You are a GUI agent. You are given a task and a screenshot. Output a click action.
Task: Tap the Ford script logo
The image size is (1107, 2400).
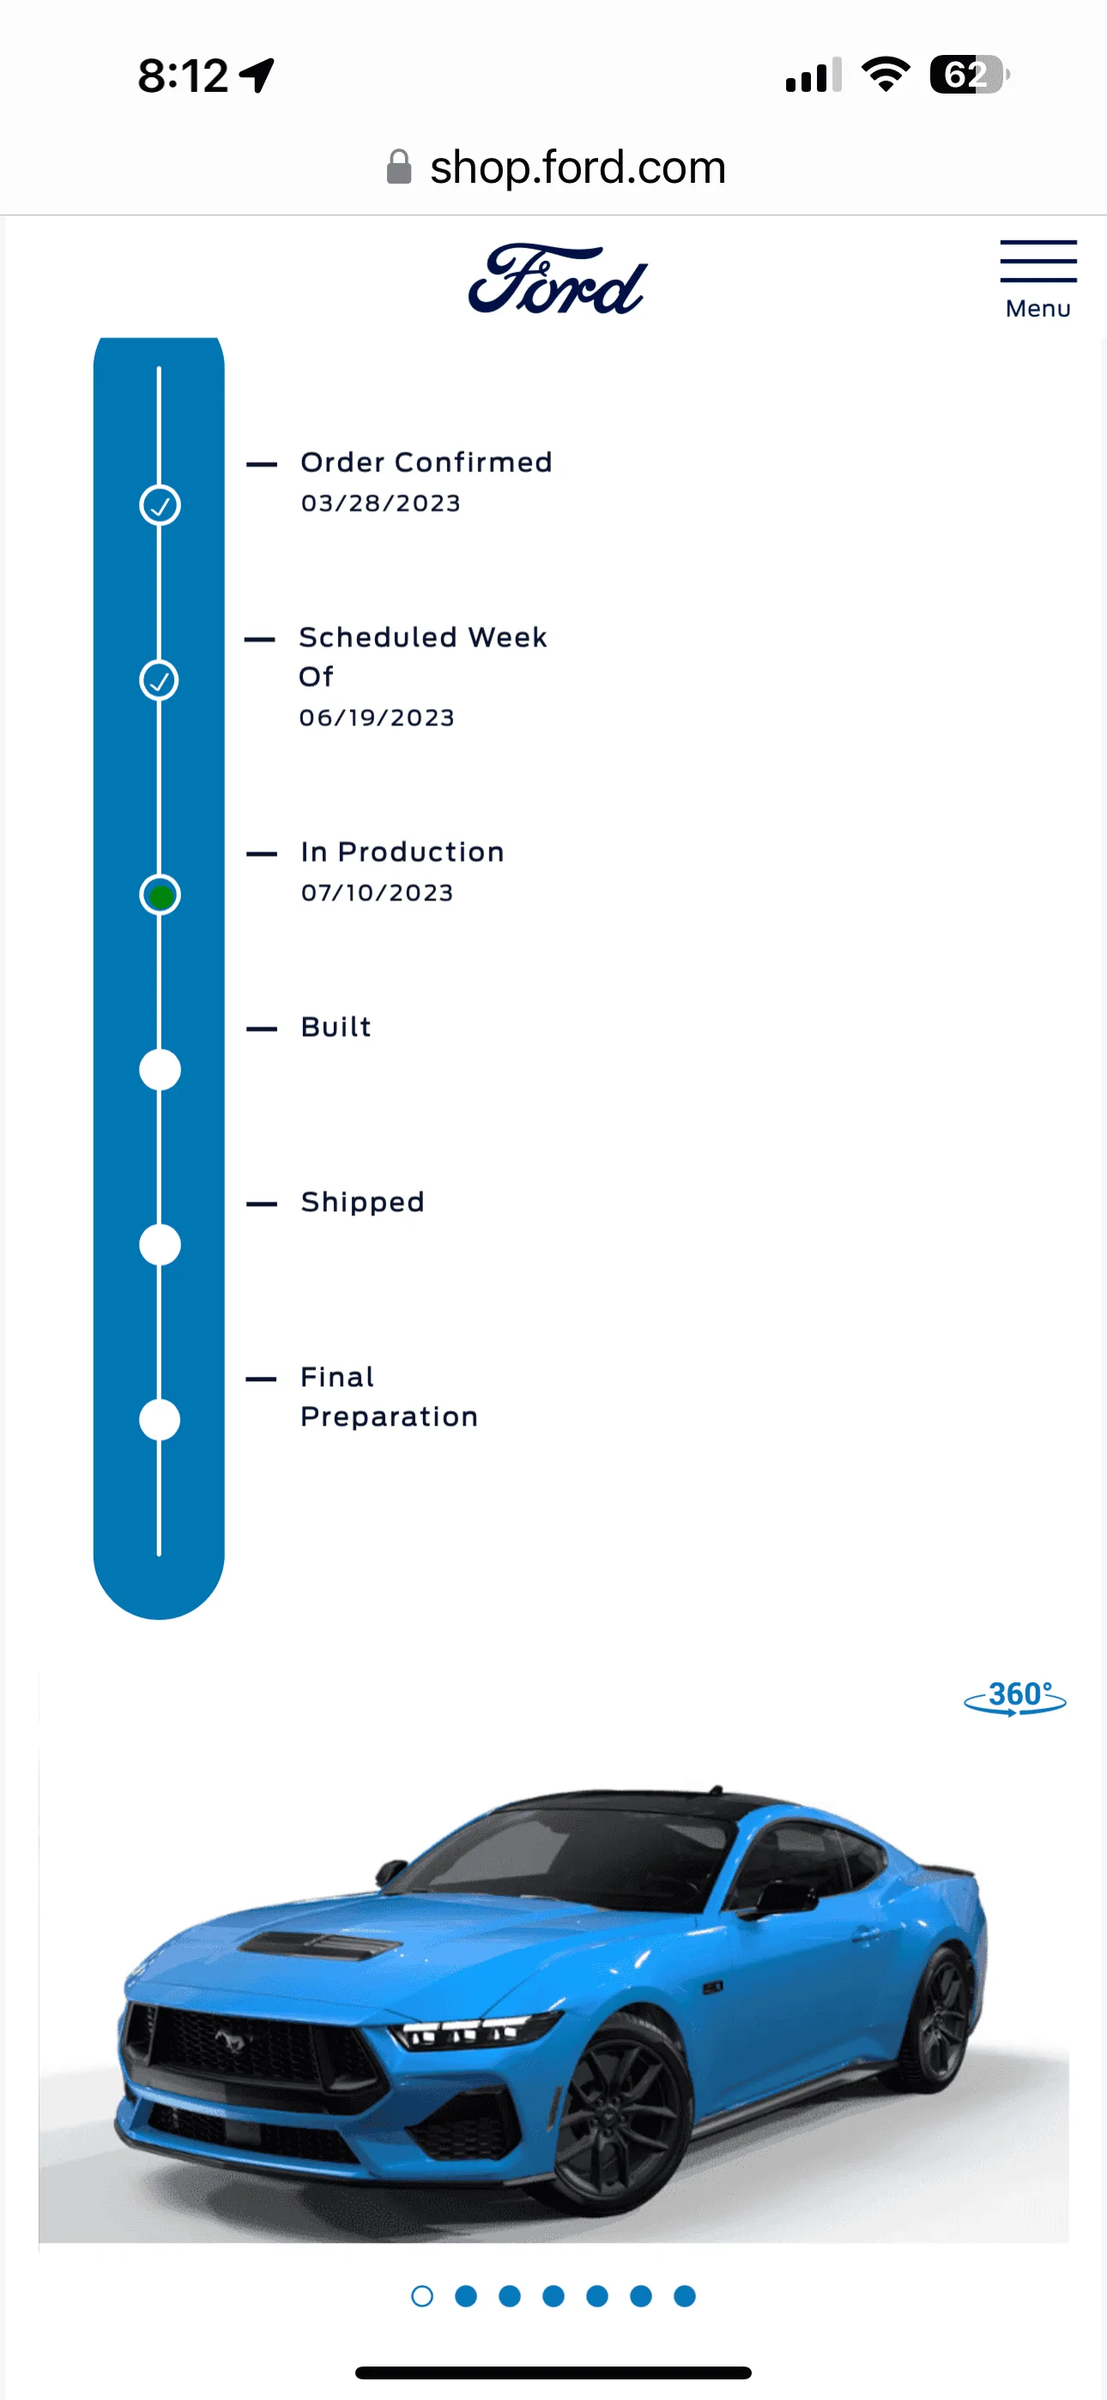(557, 279)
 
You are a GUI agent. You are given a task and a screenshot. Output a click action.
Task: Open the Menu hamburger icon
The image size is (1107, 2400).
(1038, 262)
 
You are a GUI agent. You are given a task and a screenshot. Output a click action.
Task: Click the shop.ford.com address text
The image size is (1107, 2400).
(578, 167)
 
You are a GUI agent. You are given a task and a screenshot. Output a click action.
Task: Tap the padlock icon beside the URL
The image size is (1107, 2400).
(399, 167)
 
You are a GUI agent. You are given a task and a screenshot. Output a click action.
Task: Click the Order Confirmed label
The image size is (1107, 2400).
(426, 462)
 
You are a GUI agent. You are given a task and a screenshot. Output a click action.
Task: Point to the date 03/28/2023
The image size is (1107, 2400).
(380, 503)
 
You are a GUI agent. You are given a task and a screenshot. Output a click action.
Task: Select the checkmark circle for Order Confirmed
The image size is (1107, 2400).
(160, 505)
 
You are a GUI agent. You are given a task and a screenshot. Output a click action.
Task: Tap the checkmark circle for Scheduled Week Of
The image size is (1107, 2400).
(160, 680)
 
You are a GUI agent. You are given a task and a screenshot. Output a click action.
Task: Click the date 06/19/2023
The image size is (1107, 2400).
(377, 718)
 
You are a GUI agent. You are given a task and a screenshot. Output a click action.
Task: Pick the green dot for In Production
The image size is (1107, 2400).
(160, 895)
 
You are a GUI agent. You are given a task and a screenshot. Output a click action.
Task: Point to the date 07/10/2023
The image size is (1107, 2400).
(377, 893)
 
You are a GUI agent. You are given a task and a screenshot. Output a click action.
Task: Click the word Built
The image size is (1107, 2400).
(336, 1027)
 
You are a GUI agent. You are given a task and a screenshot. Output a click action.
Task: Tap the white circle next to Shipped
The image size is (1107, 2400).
(160, 1245)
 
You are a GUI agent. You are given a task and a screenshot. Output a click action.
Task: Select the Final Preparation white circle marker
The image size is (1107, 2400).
(160, 1420)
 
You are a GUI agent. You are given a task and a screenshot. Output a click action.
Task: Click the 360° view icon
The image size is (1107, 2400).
(1014, 1698)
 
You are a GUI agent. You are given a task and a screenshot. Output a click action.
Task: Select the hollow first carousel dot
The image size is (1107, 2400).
(422, 2297)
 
